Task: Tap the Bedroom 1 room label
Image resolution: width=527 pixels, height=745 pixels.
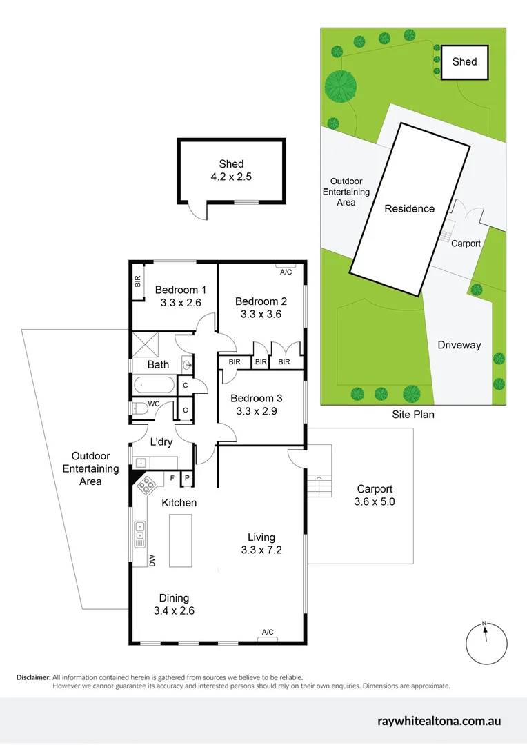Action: pos(177,290)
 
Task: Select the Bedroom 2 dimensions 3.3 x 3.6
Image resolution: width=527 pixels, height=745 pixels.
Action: pos(261,314)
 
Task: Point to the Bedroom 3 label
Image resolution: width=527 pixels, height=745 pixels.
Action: pos(257,398)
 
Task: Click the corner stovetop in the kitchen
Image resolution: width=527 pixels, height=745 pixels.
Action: pos(147,486)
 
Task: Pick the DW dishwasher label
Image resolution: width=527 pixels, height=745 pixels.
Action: pos(152,560)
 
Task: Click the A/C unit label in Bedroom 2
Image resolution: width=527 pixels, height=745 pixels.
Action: pos(286,272)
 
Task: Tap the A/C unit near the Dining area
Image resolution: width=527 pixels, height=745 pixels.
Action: pos(268,632)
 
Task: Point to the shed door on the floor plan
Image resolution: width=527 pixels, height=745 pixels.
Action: pos(198,210)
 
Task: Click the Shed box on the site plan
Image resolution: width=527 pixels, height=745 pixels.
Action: pos(464,61)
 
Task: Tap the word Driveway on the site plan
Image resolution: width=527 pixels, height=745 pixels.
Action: pos(459,345)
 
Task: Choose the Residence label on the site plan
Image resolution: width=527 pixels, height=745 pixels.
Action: pos(410,208)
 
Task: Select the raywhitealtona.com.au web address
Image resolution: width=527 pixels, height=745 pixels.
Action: pos(439,721)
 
